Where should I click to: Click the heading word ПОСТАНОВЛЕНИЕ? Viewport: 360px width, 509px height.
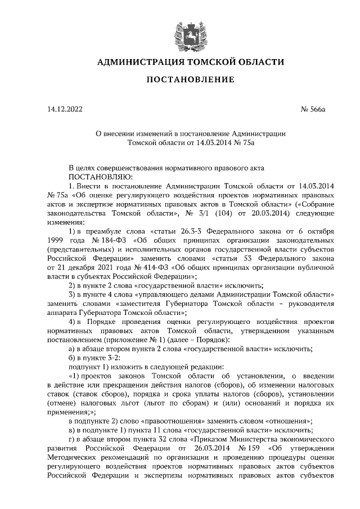tap(190, 80)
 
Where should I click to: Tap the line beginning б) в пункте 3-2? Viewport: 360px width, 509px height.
tap(93, 358)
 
